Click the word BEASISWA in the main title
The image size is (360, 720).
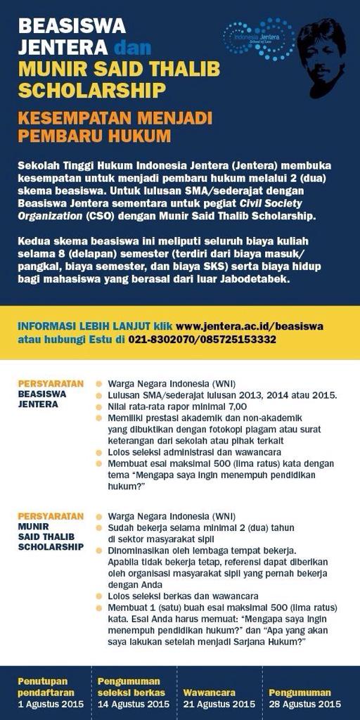72,27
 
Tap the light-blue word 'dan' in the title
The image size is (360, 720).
132,49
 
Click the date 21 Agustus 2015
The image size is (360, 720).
219,702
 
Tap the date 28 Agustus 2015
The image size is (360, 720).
304,702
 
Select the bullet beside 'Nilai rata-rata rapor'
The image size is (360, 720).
100,407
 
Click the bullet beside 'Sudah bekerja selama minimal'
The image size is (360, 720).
100,527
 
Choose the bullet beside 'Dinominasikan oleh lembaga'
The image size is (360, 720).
100,550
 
